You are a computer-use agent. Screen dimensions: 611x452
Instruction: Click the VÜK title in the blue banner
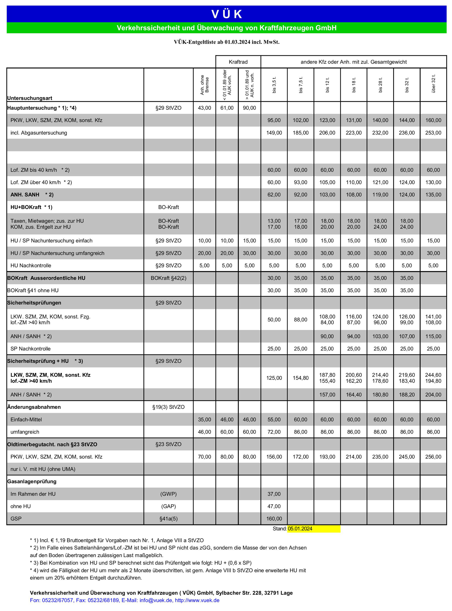point(226,14)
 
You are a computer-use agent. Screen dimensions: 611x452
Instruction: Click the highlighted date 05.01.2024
point(300,529)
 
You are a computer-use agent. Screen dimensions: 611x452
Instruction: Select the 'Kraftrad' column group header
point(238,62)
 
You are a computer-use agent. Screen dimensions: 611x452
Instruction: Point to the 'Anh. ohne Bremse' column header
point(204,85)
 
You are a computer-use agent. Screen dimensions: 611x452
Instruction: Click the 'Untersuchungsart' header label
point(30,98)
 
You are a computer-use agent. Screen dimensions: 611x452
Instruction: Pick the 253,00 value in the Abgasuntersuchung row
point(433,133)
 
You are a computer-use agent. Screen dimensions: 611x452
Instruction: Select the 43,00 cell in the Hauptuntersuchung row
point(204,108)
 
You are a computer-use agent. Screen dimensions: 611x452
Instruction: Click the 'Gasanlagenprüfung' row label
point(32,481)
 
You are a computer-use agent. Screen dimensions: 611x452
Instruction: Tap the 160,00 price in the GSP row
point(274,519)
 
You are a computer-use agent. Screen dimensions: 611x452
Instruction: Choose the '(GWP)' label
point(168,494)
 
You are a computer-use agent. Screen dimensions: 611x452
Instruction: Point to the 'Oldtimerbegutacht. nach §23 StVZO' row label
point(52,444)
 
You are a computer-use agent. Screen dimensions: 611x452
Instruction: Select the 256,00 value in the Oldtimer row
point(433,457)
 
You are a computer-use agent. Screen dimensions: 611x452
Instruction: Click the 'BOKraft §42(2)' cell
point(168,278)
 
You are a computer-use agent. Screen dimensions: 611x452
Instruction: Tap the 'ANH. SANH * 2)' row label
point(32,195)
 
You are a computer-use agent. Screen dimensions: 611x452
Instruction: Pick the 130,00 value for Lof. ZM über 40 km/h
point(433,183)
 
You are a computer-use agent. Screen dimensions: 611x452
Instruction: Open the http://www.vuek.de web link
point(197,600)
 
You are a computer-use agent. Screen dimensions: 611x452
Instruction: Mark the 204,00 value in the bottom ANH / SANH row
point(433,395)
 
